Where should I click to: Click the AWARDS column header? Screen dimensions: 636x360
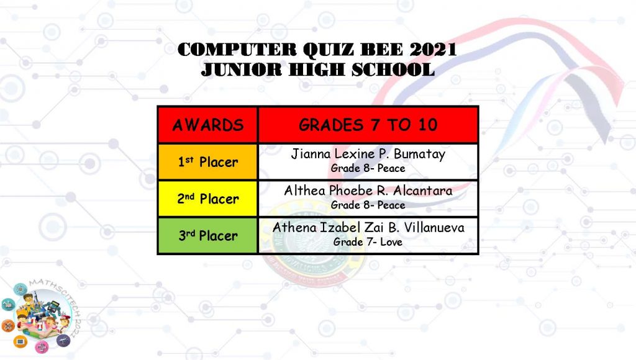pos(207,125)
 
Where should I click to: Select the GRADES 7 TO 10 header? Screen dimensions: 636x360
pos(368,125)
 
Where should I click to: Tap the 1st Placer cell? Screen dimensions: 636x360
pos(207,162)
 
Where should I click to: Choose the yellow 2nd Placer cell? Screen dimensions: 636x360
pos(207,199)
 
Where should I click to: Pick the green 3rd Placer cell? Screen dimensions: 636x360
pos(207,235)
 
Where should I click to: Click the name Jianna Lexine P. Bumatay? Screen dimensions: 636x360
pos(368,154)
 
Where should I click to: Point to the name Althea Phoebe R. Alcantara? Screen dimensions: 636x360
pos(368,191)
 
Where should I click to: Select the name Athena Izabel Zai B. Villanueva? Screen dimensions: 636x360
pos(368,227)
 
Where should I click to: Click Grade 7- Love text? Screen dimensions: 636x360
pos(368,242)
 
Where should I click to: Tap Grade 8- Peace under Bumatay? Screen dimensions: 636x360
pos(368,168)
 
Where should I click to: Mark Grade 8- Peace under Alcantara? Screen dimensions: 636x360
pos(368,205)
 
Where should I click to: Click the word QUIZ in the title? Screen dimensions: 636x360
pos(329,50)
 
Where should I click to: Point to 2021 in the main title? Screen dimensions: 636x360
pos(433,50)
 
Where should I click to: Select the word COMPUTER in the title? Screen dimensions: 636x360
pos(237,50)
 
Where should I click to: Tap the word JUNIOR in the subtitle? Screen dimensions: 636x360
pos(242,70)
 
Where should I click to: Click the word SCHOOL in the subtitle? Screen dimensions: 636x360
pos(393,70)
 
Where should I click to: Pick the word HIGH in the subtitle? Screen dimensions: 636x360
pos(316,70)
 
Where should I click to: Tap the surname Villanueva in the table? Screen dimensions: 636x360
pos(434,227)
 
